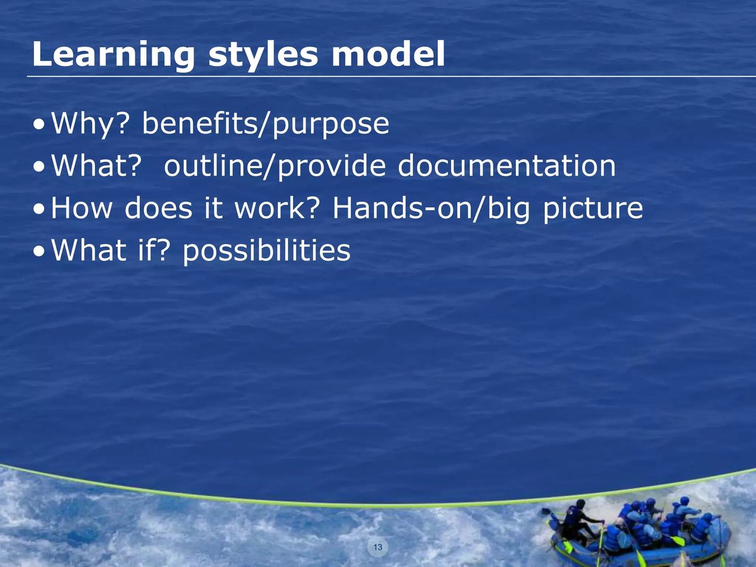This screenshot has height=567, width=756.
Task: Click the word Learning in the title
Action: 113,55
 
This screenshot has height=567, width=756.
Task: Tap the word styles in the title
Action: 263,55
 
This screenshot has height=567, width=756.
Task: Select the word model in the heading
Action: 388,54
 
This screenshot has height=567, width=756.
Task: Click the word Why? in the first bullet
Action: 90,124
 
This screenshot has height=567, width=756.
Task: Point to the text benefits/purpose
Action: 266,124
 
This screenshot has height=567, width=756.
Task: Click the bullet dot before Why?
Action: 39,125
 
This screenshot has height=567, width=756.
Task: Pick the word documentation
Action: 507,166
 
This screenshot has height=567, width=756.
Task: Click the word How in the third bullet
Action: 82,208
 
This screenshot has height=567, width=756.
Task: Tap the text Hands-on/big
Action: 431,209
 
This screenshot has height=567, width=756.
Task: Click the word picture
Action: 593,209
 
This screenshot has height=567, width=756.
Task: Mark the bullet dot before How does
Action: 39,210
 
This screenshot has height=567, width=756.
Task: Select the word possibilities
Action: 266,251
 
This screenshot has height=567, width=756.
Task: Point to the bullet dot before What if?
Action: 39,251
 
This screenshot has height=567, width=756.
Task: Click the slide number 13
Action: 378,547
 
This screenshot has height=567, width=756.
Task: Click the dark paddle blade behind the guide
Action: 546,512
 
